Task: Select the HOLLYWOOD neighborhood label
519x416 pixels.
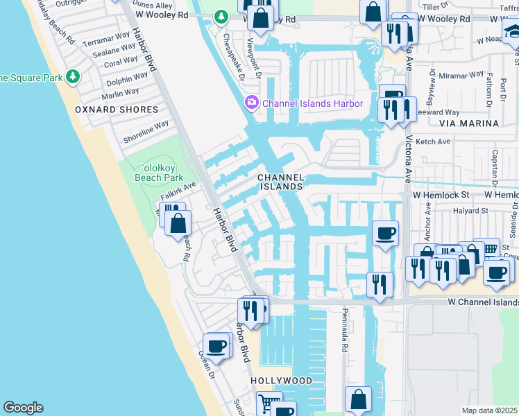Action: pyautogui.click(x=282, y=381)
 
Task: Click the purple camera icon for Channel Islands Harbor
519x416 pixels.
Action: pyautogui.click(x=250, y=103)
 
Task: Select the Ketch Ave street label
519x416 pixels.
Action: pyautogui.click(x=433, y=141)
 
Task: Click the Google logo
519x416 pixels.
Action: pyautogui.click(x=23, y=408)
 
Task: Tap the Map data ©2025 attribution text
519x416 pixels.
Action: pyautogui.click(x=489, y=410)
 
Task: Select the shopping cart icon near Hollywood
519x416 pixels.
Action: pyautogui.click(x=267, y=401)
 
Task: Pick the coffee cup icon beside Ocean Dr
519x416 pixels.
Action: pyautogui.click(x=216, y=344)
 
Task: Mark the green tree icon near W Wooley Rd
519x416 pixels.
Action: pyautogui.click(x=221, y=16)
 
